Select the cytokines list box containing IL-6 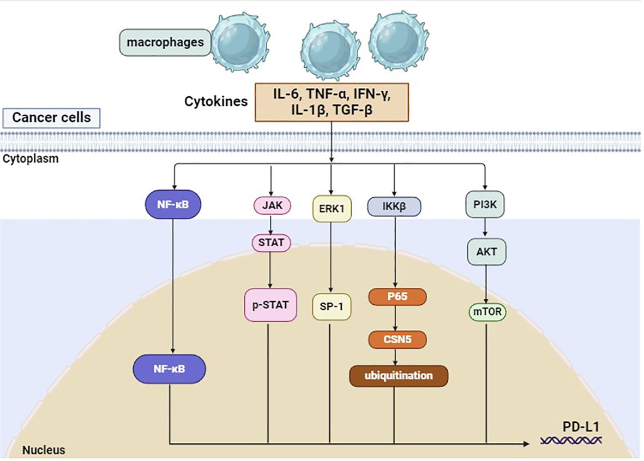[331, 101]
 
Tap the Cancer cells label [51, 117]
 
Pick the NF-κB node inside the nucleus [169, 369]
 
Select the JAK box [271, 207]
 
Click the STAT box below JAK [271, 243]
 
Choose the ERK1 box [331, 208]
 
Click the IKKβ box [394, 207]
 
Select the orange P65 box [397, 297]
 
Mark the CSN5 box [397, 339]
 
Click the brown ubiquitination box [398, 376]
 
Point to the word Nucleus [44, 450]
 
